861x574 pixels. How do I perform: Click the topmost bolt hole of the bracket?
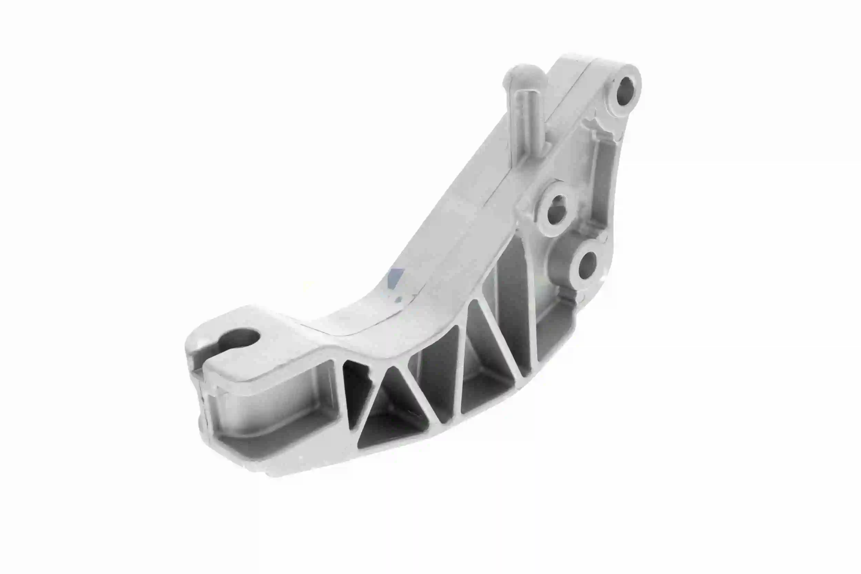click(x=625, y=90)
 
